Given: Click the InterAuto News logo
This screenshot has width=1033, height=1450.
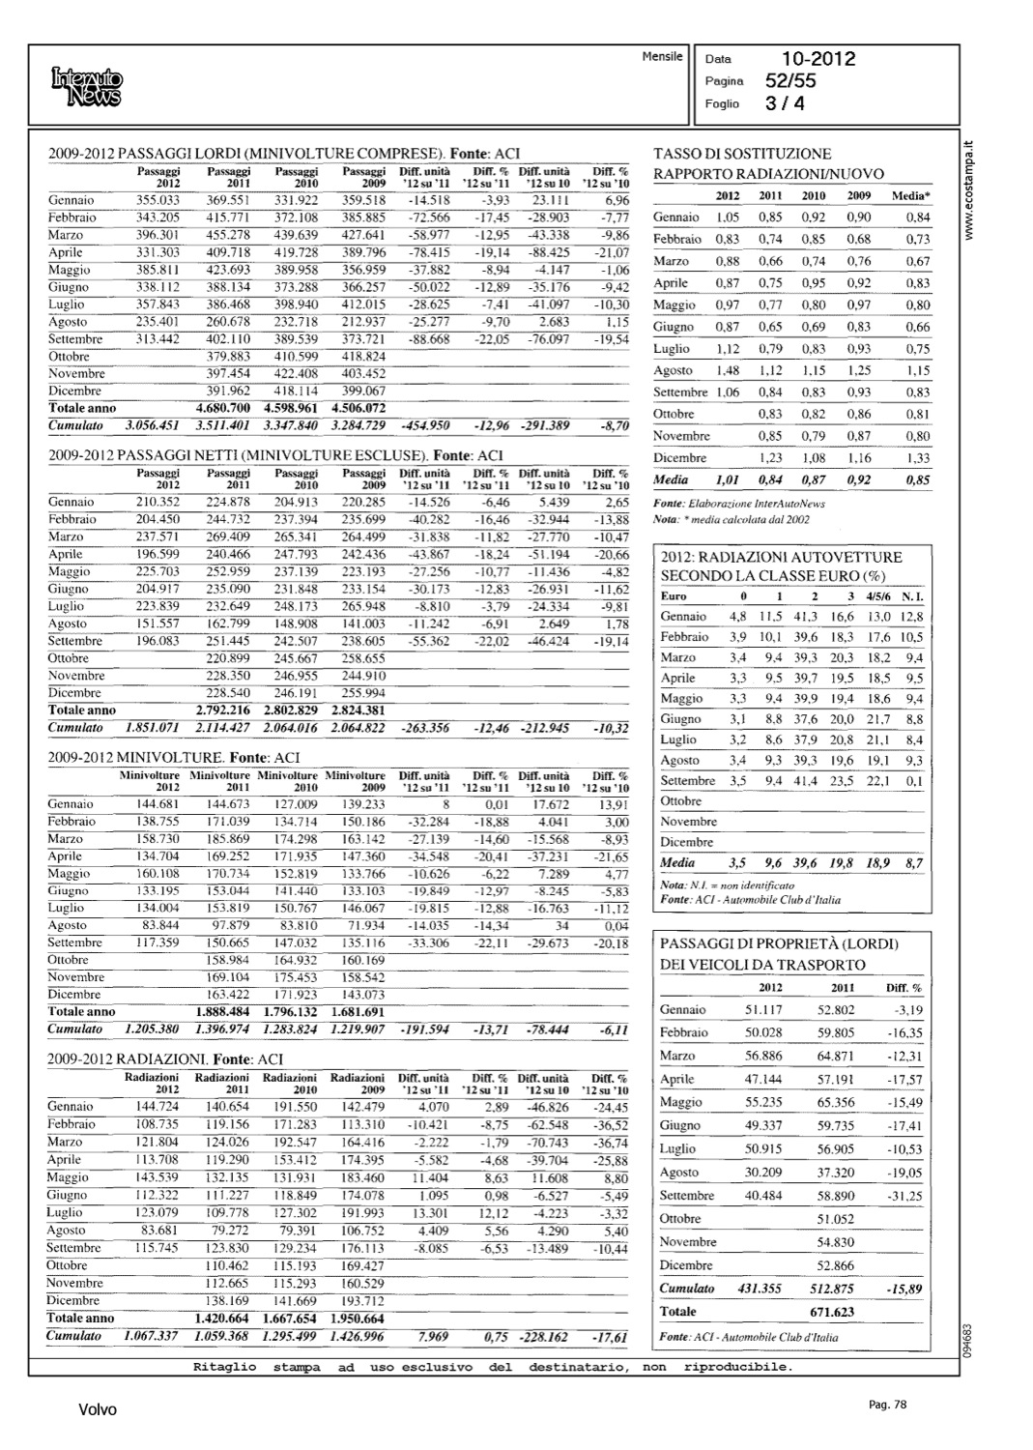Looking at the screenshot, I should click(x=87, y=86).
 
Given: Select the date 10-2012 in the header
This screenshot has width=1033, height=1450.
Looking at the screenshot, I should click(x=818, y=60).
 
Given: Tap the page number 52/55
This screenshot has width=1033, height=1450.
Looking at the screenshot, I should click(x=789, y=81).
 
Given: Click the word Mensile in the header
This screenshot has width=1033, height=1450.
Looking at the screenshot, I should click(x=662, y=57).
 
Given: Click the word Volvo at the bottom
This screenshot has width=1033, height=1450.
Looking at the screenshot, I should click(x=97, y=1410).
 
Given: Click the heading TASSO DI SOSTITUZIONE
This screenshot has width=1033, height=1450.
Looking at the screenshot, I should click(x=742, y=154).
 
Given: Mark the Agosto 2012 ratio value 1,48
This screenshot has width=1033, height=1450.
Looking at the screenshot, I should click(x=728, y=370).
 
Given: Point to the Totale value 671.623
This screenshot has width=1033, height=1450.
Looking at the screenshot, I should click(x=831, y=1312).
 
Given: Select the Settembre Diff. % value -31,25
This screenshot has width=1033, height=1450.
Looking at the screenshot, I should click(x=903, y=1196).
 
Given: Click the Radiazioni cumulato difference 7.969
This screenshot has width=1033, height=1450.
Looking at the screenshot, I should click(x=429, y=1337).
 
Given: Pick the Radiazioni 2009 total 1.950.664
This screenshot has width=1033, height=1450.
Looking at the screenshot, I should click(x=358, y=1319).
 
